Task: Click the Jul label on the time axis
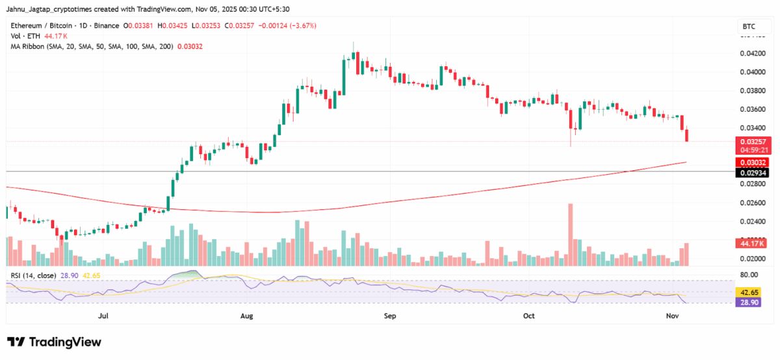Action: click(x=103, y=316)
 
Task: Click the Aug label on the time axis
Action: click(x=246, y=316)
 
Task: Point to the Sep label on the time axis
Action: click(x=390, y=316)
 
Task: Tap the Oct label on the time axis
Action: click(x=528, y=316)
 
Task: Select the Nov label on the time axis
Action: click(x=673, y=316)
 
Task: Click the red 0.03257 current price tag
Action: click(x=751, y=141)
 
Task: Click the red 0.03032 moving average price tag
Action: click(x=751, y=162)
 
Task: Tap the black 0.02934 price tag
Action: click(x=751, y=172)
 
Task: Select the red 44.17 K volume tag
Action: click(x=751, y=243)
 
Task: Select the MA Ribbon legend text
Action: click(x=90, y=47)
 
